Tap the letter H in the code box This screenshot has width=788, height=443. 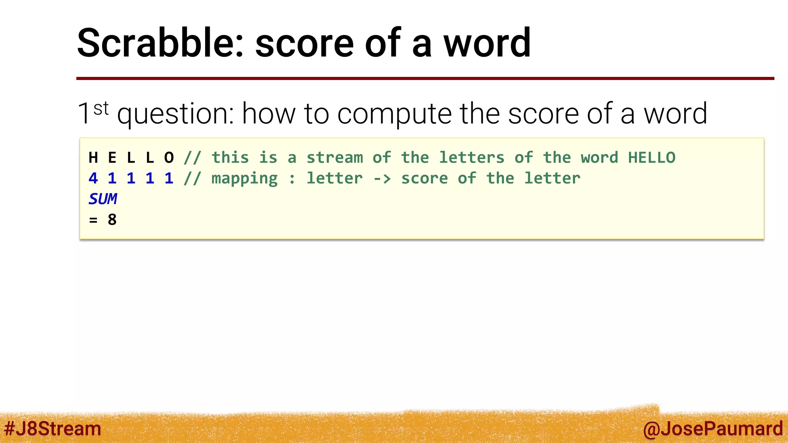[x=93, y=158]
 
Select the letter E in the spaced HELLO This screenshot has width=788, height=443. [x=112, y=158]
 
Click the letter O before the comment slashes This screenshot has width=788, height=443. [x=169, y=158]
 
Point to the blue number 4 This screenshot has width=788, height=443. [x=93, y=178]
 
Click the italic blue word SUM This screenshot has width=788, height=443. [x=103, y=199]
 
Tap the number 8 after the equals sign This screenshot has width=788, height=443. [x=112, y=220]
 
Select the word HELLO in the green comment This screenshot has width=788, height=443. [x=651, y=158]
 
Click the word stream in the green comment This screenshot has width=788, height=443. [x=334, y=158]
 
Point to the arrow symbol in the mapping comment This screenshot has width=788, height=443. [x=382, y=178]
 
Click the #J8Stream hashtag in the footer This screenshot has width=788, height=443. [x=52, y=428]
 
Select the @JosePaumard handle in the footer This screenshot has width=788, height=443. [x=713, y=429]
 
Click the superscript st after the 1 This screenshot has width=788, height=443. [x=101, y=108]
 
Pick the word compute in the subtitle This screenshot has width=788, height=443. [x=394, y=114]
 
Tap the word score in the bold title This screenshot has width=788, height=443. [x=304, y=43]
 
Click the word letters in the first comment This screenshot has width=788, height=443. [x=471, y=158]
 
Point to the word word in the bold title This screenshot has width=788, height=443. [x=487, y=43]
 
